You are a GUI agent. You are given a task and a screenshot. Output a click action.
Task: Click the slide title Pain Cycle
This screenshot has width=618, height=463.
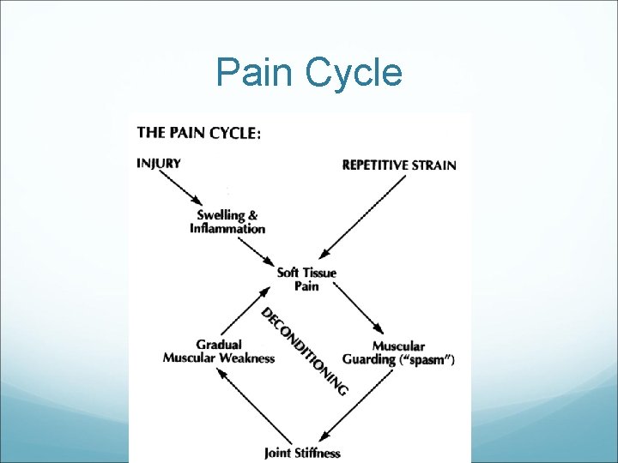(309, 73)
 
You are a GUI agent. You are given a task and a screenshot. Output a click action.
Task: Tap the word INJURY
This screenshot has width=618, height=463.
(159, 163)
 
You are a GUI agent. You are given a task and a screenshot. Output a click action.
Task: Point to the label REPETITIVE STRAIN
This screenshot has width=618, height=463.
(399, 165)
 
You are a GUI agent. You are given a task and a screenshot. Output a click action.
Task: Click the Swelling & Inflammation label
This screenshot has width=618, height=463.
(227, 222)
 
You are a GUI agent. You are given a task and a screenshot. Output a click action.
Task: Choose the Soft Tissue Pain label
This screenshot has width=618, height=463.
(306, 279)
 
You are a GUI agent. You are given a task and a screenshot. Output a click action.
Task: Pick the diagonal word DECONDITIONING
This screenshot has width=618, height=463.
(305, 351)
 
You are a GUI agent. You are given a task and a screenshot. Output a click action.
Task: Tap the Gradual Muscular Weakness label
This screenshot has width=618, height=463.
(219, 352)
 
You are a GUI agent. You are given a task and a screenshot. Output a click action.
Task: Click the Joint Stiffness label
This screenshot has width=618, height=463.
(302, 453)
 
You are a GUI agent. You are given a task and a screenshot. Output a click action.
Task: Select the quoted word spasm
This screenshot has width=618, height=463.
(426, 360)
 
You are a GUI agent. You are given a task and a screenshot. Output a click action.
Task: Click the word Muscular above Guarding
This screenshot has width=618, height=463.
(398, 346)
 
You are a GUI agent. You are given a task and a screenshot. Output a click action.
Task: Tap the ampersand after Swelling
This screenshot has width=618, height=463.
(252, 215)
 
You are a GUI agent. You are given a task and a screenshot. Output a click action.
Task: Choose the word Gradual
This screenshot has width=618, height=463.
(219, 345)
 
